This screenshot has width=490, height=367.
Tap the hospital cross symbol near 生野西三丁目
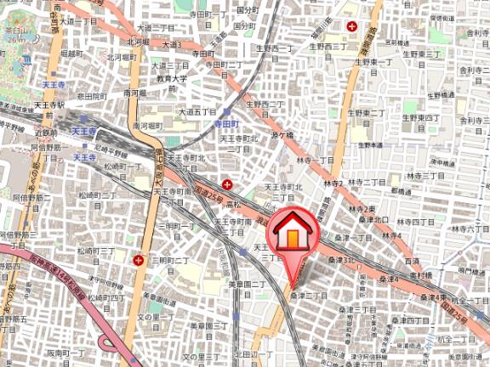(x=351, y=26)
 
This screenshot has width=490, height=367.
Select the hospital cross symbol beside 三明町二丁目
(x=138, y=259)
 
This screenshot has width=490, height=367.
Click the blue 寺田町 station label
(x=227, y=124)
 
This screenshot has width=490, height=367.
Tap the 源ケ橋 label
(x=282, y=134)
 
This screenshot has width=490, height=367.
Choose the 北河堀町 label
(x=140, y=41)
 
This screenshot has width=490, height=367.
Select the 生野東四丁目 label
(x=420, y=117)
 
